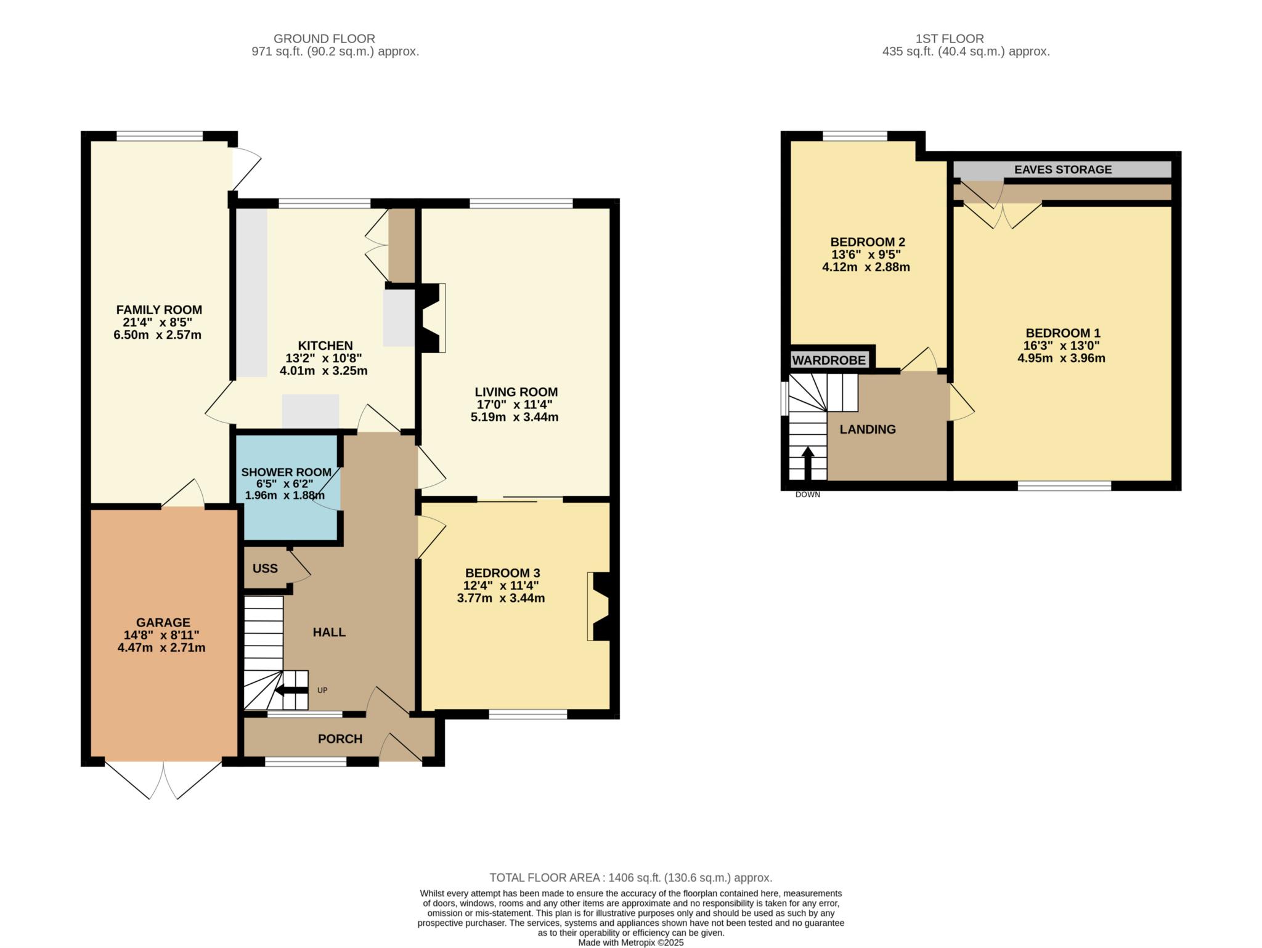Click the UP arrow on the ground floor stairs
[x=290, y=691]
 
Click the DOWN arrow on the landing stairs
[x=807, y=463]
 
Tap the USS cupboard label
[x=265, y=569]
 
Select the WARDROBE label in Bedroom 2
[x=829, y=360]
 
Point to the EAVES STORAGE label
[x=1063, y=169]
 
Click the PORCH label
[x=340, y=739]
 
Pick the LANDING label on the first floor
[x=868, y=429]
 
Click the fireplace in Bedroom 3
[x=598, y=606]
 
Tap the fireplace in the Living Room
[x=432, y=318]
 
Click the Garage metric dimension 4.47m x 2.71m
[x=161, y=647]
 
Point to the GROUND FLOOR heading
[x=324, y=39]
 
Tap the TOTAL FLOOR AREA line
[x=631, y=878]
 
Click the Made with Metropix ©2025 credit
[x=631, y=943]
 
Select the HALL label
[x=329, y=633]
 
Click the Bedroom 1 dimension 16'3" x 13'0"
[x=1061, y=346]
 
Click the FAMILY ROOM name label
[x=159, y=310]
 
